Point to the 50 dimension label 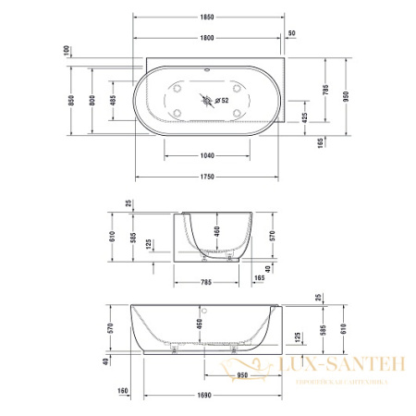click(292, 33)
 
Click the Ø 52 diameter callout click(221, 100)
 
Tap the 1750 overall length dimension click(205, 175)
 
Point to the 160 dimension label click(122, 390)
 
